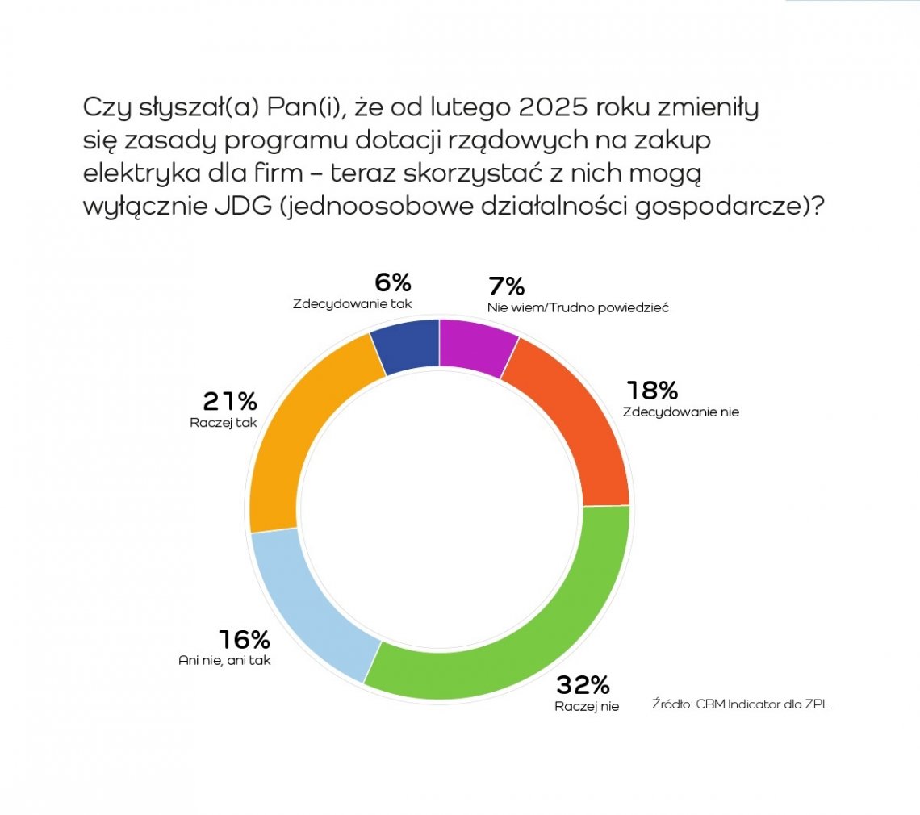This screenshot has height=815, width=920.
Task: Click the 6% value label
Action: (393, 283)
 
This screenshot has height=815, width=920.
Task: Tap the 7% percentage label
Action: (506, 286)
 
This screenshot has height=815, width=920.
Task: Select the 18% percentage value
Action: (652, 391)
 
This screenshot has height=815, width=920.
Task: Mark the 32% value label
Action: (582, 686)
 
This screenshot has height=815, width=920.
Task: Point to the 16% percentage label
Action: (243, 641)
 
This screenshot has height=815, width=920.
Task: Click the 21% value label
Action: (230, 401)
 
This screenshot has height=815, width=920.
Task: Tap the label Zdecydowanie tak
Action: (352, 305)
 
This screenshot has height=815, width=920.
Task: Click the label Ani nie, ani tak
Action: (224, 660)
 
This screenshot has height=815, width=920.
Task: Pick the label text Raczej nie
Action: (587, 707)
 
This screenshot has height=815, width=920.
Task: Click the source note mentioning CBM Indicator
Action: (741, 704)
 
